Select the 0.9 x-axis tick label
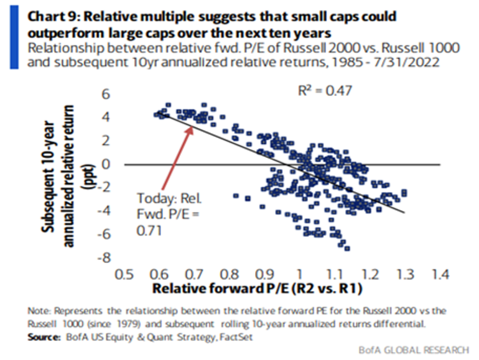click(264, 274)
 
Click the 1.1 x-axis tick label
click(335, 274)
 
